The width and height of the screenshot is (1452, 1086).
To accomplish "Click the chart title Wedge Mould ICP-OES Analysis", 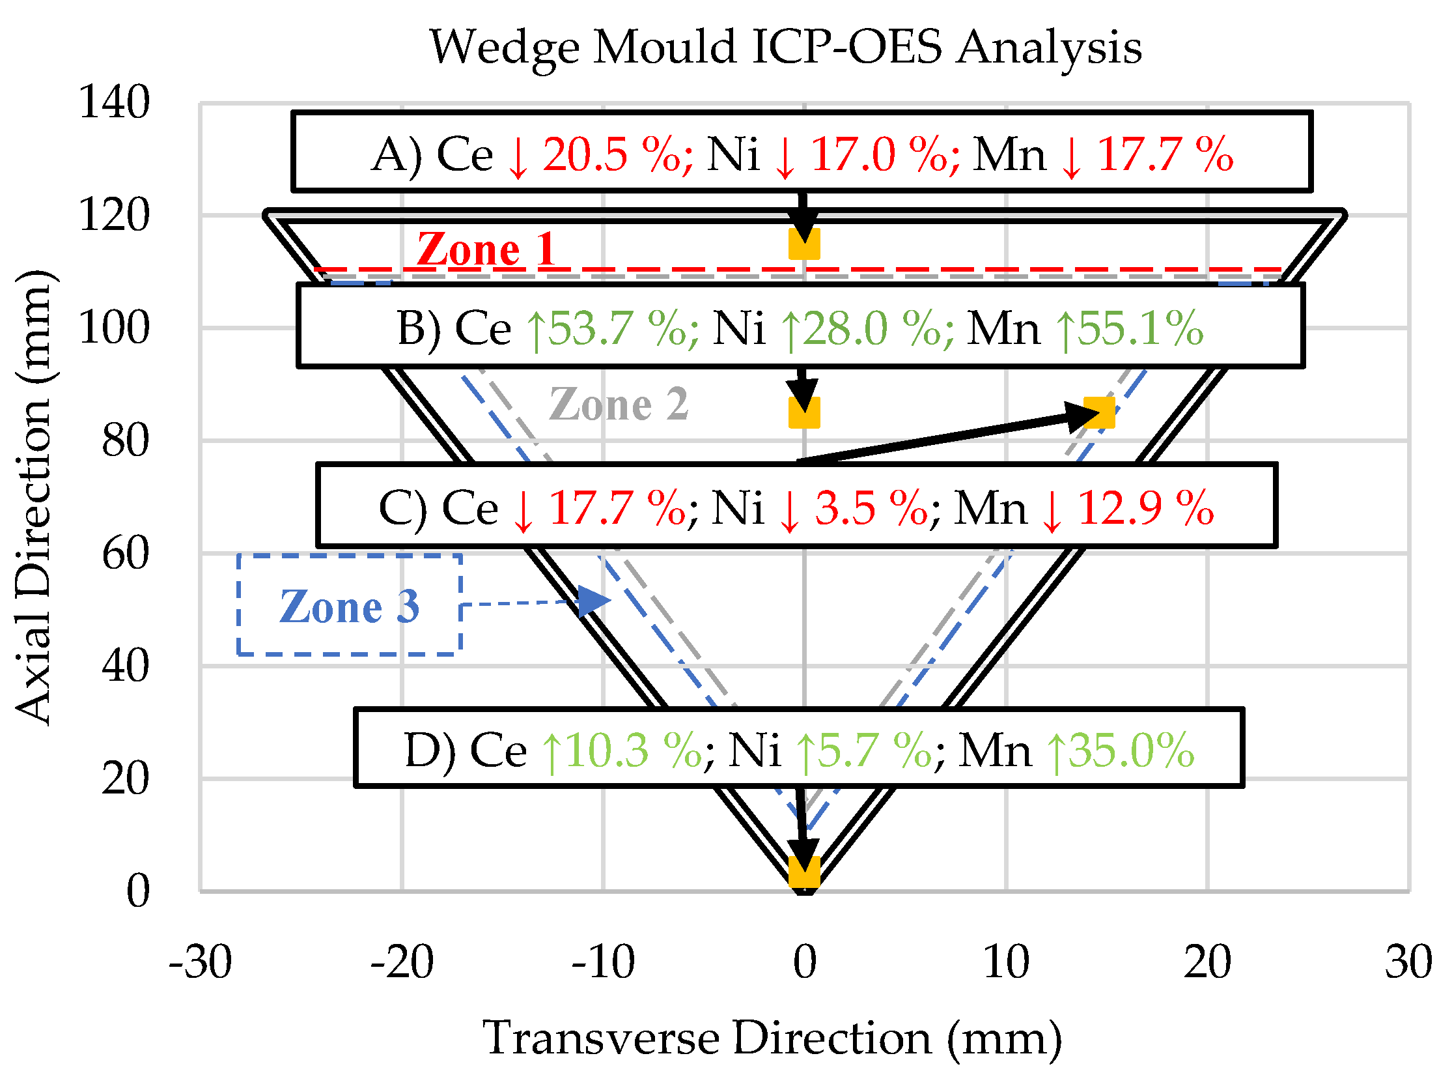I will [x=785, y=48].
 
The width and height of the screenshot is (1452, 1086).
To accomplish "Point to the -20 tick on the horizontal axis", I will [x=402, y=963].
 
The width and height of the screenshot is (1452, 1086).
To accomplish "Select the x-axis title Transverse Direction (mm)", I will [x=772, y=1038].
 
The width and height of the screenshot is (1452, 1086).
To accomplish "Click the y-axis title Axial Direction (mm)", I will [x=34, y=497].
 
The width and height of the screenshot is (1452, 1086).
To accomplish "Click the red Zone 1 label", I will [x=486, y=250].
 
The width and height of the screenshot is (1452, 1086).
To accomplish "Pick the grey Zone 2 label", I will [x=619, y=404].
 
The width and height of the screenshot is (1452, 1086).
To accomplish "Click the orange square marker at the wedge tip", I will [x=803, y=872].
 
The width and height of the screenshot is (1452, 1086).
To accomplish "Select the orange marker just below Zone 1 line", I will [x=803, y=244].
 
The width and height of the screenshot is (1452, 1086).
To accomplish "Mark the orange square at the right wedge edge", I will [x=1099, y=412].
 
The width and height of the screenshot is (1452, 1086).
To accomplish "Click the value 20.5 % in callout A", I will [x=611, y=156].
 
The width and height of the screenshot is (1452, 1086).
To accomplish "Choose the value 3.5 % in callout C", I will [x=871, y=508].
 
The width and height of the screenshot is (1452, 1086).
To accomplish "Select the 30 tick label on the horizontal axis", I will [x=1408, y=963].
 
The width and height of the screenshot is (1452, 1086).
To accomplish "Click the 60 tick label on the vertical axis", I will [x=125, y=553].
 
